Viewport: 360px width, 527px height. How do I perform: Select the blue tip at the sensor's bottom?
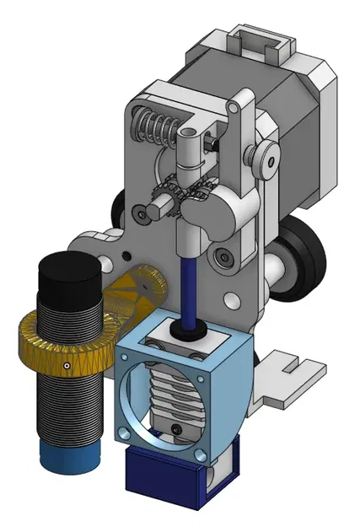(72, 457)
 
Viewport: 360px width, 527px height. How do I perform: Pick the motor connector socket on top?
(260, 40)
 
